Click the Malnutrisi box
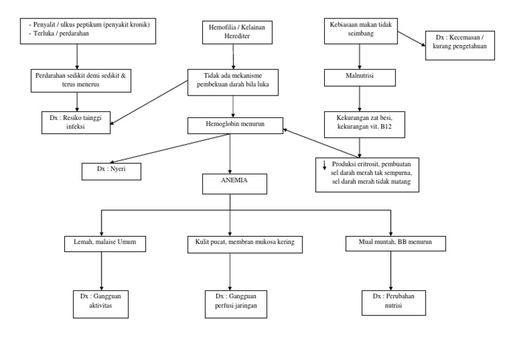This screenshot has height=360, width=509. tap(359, 78)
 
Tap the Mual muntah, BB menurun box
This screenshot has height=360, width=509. tap(390, 244)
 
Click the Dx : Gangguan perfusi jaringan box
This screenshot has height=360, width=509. tap(231, 304)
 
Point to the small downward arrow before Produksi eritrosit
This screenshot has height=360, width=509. tap(323, 165)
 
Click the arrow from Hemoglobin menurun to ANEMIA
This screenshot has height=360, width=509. tap(230, 152)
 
